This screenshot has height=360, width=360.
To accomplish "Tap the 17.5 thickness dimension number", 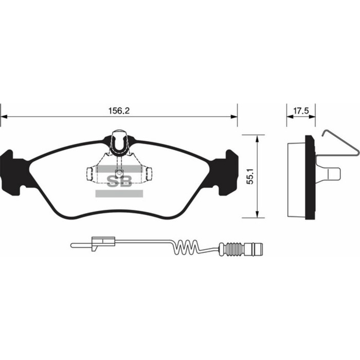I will [x=301, y=111].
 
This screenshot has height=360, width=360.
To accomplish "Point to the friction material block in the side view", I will [x=296, y=178].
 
